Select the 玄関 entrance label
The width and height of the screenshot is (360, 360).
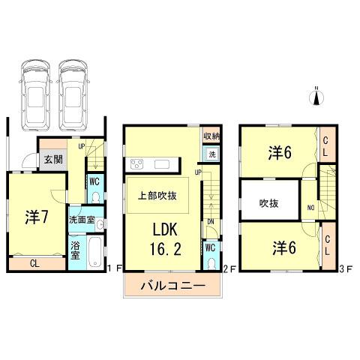click(x=51, y=159)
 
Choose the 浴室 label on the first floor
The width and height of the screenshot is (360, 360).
click(x=76, y=250)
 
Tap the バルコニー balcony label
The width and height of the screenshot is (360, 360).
click(x=171, y=286)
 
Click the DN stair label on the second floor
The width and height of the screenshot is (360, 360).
click(x=211, y=222)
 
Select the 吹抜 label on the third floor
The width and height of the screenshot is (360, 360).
click(x=270, y=202)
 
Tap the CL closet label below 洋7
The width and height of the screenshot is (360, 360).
click(x=36, y=263)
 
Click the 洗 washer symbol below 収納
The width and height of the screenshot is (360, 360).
click(x=212, y=154)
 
